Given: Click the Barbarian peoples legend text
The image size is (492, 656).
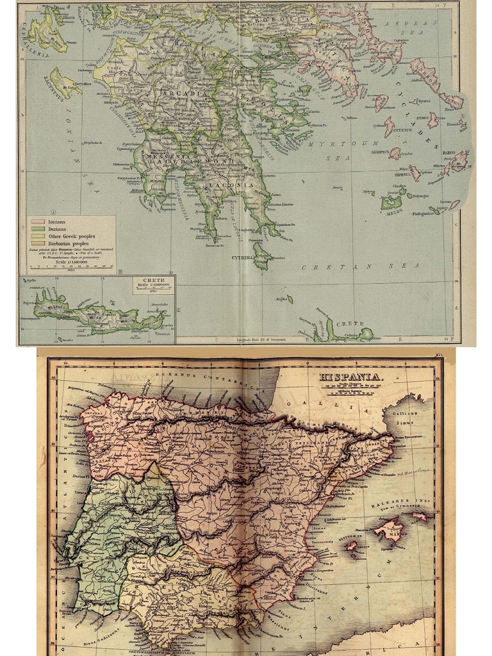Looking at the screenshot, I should (71, 244).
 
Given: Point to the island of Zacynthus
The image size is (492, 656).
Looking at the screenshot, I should (65, 82).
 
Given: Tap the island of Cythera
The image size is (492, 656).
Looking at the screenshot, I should (261, 254).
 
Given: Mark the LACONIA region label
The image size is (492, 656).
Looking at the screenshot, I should (239, 184).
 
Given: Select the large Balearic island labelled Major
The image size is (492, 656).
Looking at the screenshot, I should (389, 530).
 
